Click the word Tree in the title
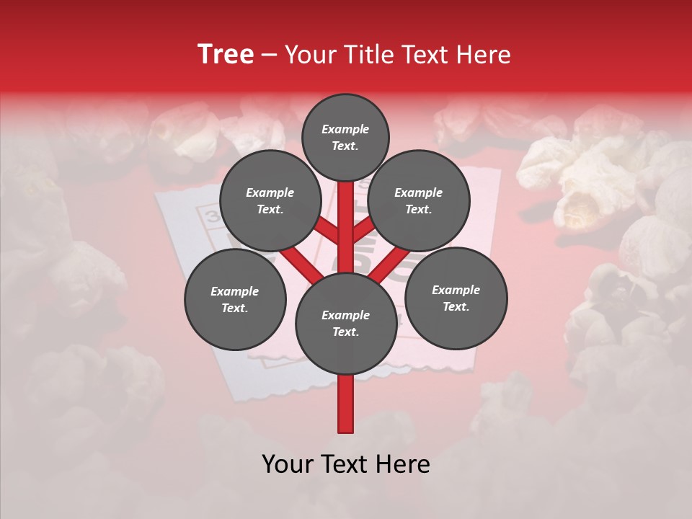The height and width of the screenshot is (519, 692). pyautogui.click(x=226, y=54)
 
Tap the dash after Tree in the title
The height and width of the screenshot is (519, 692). pyautogui.click(x=269, y=56)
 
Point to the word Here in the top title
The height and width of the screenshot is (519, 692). pyautogui.click(x=482, y=54)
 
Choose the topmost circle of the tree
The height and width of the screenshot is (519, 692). pyautogui.click(x=345, y=137)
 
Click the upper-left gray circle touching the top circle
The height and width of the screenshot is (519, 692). pyautogui.click(x=270, y=200)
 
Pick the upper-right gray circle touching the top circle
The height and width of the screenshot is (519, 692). pyautogui.click(x=419, y=200)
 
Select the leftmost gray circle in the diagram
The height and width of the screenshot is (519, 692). pyautogui.click(x=235, y=299)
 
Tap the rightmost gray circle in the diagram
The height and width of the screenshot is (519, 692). pyautogui.click(x=456, y=298)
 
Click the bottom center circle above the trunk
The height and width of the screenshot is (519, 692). pyautogui.click(x=345, y=323)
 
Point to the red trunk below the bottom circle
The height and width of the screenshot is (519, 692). pyautogui.click(x=345, y=404)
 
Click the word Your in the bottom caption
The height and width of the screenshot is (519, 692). pyautogui.click(x=287, y=464)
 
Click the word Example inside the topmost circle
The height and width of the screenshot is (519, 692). pyautogui.click(x=345, y=130)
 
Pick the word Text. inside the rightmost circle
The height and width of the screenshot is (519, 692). pyautogui.click(x=456, y=306)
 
